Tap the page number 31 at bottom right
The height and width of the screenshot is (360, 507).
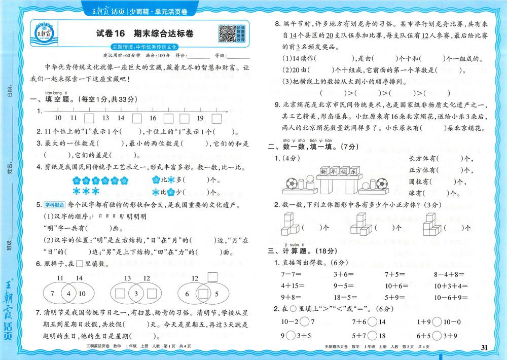click(483, 347)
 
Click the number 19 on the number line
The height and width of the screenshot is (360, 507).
click(200, 118)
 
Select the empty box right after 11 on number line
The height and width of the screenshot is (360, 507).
click(89, 118)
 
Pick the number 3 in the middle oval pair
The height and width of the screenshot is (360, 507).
click(136, 294)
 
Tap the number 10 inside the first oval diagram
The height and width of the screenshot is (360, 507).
click(83, 294)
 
